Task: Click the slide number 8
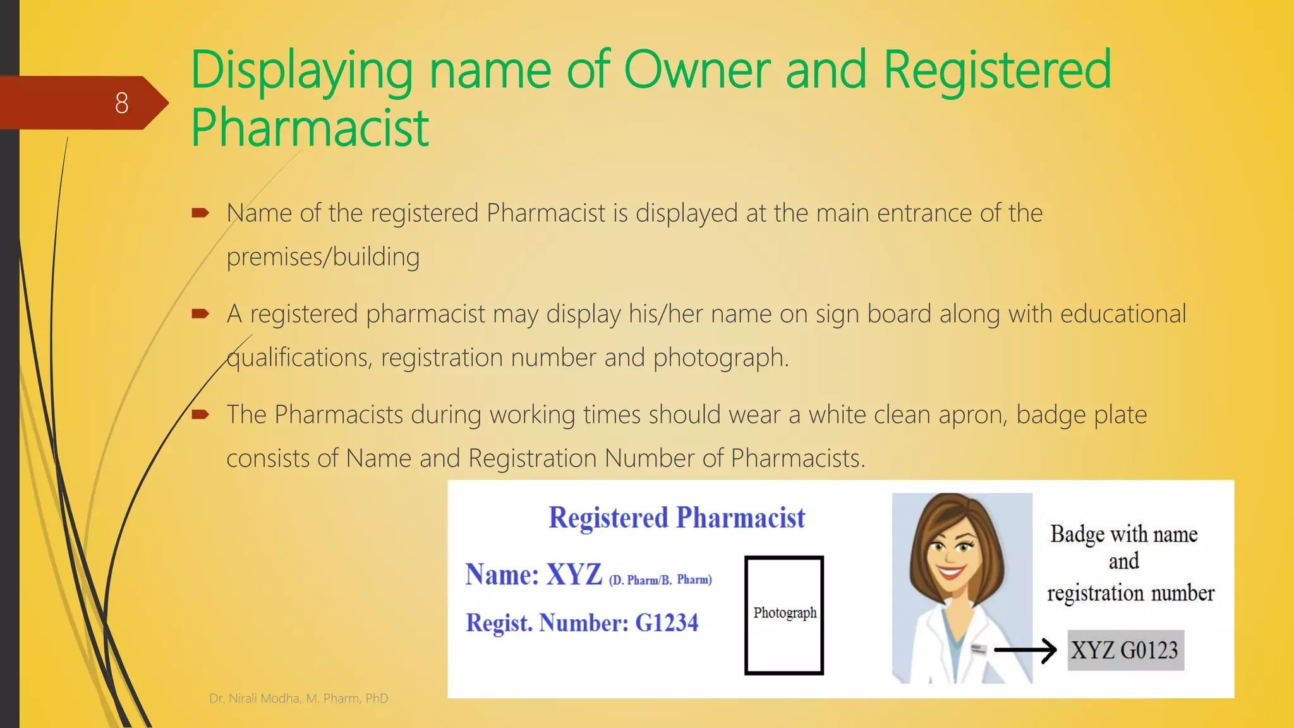(x=121, y=103)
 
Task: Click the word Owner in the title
(x=697, y=70)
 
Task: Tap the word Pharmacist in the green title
(x=310, y=128)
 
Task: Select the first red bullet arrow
(x=200, y=213)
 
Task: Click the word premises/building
(x=323, y=257)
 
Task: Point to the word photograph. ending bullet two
(x=721, y=358)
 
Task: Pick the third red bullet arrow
(x=200, y=415)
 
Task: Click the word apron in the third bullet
(x=972, y=415)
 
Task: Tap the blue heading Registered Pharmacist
(x=677, y=518)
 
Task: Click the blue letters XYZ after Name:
(x=574, y=574)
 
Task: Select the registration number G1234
(x=667, y=623)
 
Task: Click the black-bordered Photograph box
(x=784, y=615)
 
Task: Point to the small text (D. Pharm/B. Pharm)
(x=660, y=579)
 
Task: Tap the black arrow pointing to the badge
(x=1025, y=650)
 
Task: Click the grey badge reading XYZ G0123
(x=1125, y=650)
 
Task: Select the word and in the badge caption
(x=1123, y=561)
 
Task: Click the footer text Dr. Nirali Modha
(x=255, y=698)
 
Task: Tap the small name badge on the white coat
(x=977, y=649)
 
